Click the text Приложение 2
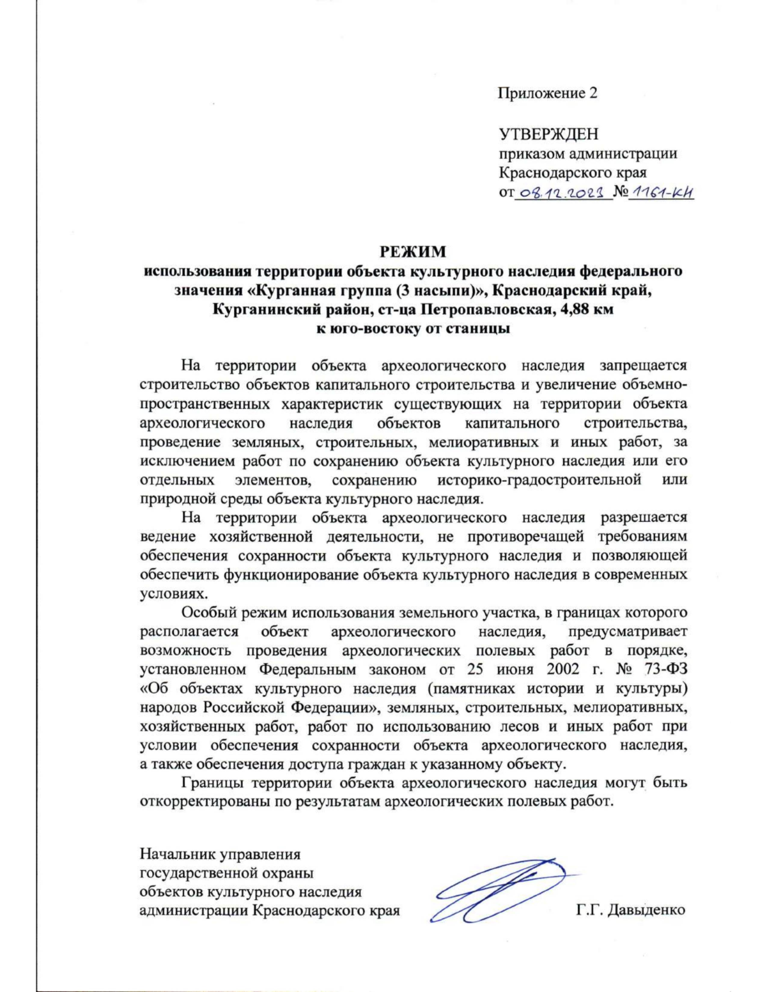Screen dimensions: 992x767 [x=548, y=93]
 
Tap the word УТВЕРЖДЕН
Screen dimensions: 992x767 [x=548, y=134]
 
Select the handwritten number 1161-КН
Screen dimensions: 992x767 [x=662, y=192]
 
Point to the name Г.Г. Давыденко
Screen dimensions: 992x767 [x=630, y=910]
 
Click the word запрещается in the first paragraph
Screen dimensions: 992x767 [x=643, y=366]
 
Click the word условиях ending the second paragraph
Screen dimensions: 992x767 [x=165, y=593]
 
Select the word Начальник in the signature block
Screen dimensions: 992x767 [x=176, y=854]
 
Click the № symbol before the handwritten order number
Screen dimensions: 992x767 [x=620, y=192]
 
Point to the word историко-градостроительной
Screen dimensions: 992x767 [x=539, y=480]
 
